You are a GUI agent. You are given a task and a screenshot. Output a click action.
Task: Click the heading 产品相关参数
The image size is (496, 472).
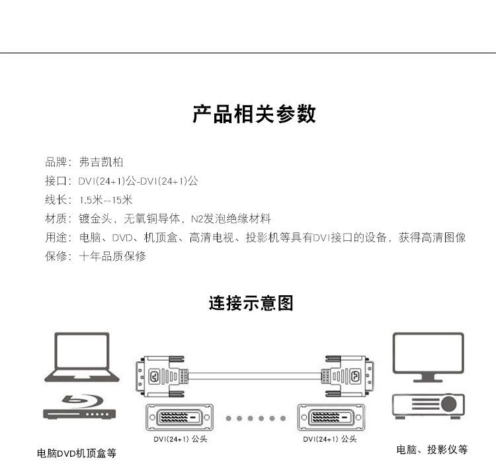254,114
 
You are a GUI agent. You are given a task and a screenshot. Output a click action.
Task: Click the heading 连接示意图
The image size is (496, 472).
251,304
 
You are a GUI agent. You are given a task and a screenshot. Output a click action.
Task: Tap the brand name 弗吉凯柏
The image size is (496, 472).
101,162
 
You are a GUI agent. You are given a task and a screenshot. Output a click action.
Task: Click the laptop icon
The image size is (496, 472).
82,357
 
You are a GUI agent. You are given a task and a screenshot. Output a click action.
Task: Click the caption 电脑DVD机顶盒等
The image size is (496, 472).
77,453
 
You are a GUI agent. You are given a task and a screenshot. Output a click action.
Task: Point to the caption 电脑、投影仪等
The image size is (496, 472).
432,449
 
